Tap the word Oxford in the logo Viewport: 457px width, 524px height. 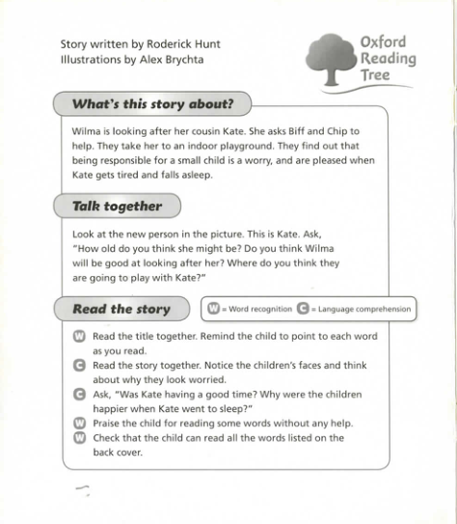pos(383,42)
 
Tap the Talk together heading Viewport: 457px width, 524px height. pos(117,206)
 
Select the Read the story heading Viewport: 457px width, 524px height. pos(121,309)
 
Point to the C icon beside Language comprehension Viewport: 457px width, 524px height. pos(304,310)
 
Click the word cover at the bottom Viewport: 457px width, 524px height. pos(128,453)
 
